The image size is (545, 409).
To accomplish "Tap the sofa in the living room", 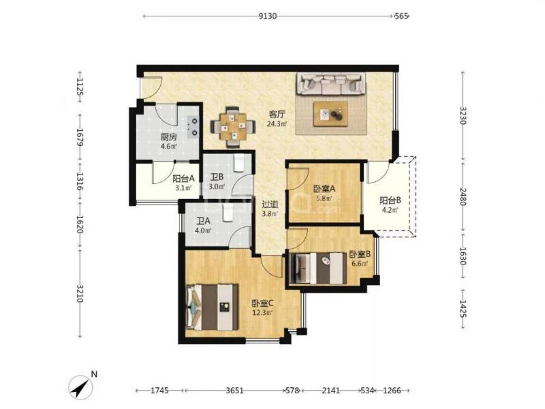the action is [x=330, y=83].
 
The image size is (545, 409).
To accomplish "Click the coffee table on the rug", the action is [x=330, y=114].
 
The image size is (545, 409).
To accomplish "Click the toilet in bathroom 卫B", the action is [x=239, y=163].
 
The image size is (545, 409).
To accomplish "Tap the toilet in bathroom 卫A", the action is [x=228, y=212].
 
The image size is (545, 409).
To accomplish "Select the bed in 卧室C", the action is [x=213, y=307].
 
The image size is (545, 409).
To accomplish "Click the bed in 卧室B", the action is [x=318, y=268].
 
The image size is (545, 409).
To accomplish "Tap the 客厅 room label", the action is [x=277, y=114].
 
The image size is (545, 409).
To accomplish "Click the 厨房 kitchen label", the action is [x=168, y=137].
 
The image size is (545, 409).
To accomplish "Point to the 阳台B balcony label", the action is [x=390, y=200].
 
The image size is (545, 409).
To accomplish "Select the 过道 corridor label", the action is [x=270, y=204].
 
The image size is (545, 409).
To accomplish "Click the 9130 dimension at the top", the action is [x=268, y=16].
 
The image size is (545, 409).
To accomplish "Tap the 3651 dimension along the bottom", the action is [x=234, y=391].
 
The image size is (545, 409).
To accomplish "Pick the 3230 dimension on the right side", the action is [x=463, y=115].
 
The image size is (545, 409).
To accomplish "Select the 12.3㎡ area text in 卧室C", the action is [x=262, y=312].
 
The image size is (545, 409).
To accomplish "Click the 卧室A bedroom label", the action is [x=324, y=190].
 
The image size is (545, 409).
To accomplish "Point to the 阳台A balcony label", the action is [x=183, y=179].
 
